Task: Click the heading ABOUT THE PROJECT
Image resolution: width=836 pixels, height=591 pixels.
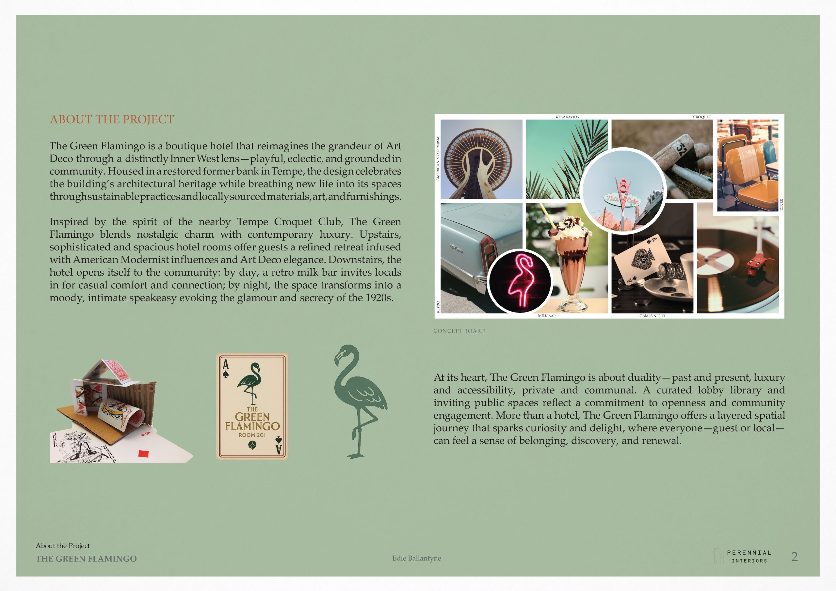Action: point(112,120)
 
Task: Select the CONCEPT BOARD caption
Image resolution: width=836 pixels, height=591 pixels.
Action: point(459,331)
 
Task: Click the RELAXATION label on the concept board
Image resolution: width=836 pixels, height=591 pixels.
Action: point(567,117)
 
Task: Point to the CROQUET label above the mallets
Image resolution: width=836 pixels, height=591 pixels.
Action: point(702,117)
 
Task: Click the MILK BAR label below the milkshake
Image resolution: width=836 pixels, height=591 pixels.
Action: point(547,316)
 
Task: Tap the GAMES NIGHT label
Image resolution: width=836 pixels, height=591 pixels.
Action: point(652,316)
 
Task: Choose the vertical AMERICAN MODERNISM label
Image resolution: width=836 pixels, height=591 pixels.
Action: point(438,158)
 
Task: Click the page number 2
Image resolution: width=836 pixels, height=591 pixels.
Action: point(794,556)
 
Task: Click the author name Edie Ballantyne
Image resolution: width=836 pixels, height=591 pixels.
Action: point(417,558)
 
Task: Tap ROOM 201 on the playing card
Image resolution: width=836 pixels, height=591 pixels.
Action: point(252,435)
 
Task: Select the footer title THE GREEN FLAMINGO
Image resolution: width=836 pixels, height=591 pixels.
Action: point(86,559)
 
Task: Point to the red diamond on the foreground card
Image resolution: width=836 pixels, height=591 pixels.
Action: point(144,454)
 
